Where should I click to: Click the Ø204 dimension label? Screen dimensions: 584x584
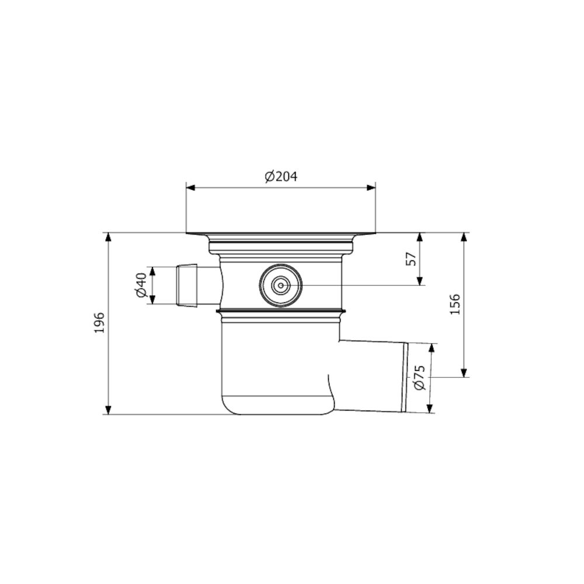point(281,176)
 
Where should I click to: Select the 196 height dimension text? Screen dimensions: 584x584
point(99,323)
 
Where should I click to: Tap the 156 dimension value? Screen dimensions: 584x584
point(455,304)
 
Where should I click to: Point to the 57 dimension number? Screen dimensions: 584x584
point(411,259)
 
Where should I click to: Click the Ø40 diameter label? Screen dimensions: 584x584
point(142,286)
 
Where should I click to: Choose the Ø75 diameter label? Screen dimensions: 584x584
point(419,378)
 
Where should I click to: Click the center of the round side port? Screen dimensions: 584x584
point(281,286)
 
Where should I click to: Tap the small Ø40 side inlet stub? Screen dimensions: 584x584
point(187,286)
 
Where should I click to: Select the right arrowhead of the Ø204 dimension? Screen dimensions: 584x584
point(371,187)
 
